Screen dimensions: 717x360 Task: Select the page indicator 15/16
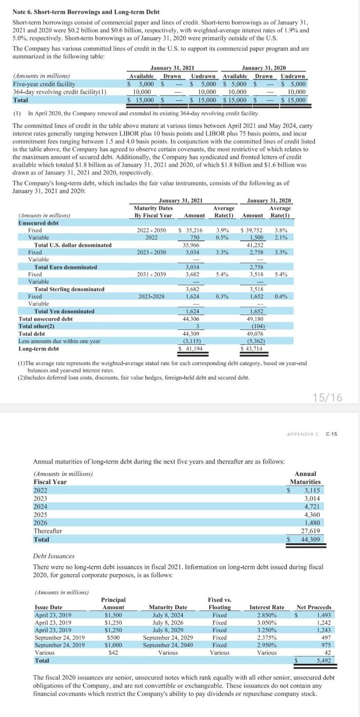(327, 398)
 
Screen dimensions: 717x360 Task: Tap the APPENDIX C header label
(303, 434)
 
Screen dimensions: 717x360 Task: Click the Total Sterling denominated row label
(69, 289)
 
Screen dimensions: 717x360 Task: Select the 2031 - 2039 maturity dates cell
(151, 274)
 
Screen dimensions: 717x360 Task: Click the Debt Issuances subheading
(54, 556)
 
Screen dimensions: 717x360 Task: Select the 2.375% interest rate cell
(267, 638)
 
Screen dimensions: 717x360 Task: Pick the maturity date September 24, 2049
(168, 645)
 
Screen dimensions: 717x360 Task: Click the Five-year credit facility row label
(44, 84)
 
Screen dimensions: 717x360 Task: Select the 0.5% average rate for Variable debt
(221, 237)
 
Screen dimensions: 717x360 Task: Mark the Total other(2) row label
(36, 326)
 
